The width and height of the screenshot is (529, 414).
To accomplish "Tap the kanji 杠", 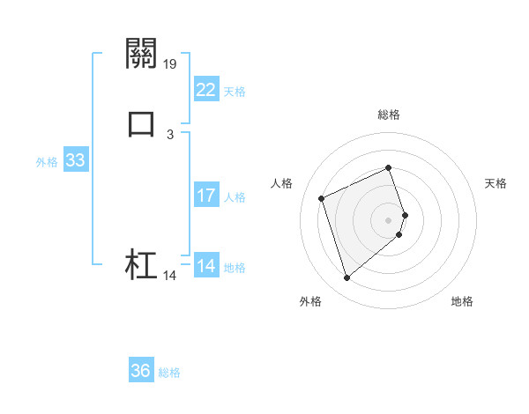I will tap(141, 264).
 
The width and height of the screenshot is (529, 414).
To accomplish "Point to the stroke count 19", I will tap(170, 63).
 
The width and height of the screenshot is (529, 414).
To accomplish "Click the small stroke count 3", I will tap(169, 134).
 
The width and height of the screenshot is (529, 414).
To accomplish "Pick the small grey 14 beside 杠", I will tap(169, 276).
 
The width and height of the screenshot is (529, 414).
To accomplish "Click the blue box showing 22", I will tap(205, 90).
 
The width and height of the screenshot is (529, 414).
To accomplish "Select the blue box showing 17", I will tap(205, 196).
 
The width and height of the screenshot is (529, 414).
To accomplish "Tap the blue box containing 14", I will tap(205, 266).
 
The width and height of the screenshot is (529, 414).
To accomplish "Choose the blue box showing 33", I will tap(75, 160).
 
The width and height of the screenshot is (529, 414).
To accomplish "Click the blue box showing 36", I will tap(140, 371).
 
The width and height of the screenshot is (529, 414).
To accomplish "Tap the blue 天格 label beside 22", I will tap(235, 92).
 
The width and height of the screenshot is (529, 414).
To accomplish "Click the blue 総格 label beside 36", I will tap(169, 373).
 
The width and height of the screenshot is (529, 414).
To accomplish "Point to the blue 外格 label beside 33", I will tap(47, 162).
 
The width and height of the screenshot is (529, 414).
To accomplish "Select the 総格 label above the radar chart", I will tap(389, 115).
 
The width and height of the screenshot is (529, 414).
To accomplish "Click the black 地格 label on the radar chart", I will tap(462, 301).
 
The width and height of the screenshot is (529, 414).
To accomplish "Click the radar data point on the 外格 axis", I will tap(346, 277).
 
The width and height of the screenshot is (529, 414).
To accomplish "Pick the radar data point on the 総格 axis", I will tap(389, 167).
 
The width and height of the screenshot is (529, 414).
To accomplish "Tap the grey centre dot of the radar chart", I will tap(389, 219).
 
